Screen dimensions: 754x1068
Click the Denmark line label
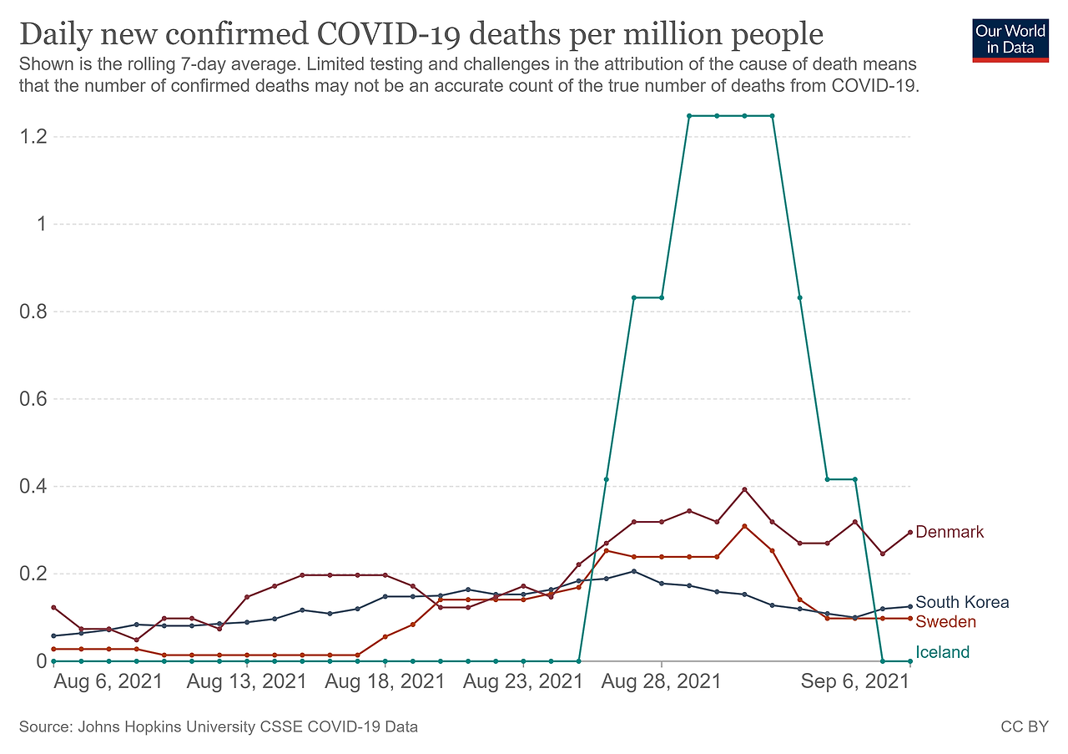(x=950, y=532)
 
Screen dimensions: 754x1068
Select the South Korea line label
(x=962, y=602)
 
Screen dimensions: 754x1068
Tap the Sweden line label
(x=945, y=622)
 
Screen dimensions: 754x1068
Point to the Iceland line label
(x=943, y=652)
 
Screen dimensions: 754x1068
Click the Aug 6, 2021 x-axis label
(x=108, y=681)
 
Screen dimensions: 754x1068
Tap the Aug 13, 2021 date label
(x=247, y=681)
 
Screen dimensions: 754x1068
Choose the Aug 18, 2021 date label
(x=385, y=681)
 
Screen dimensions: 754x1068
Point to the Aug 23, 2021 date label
(x=522, y=681)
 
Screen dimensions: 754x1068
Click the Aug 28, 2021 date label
(x=660, y=681)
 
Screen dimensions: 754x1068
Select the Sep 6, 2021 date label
(x=854, y=681)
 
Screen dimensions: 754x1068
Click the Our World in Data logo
(x=1010, y=38)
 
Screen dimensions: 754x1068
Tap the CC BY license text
(x=1024, y=727)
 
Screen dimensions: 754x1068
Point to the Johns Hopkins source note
(x=218, y=727)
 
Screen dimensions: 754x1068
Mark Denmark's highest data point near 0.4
(x=744, y=489)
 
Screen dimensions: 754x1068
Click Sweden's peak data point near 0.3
(x=744, y=526)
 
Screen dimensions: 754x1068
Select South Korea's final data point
(x=909, y=606)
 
